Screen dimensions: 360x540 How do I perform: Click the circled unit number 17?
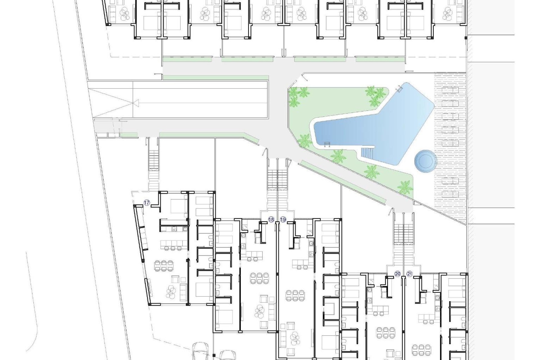[x=147, y=202]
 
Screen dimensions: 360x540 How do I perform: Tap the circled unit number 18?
[x=271, y=220]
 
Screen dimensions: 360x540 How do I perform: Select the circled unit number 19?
[x=283, y=220]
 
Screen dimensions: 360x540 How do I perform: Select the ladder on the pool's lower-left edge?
[x=327, y=145]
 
